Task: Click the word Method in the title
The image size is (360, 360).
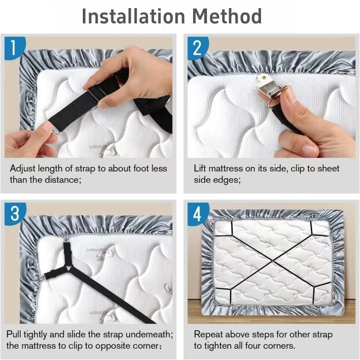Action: click(227, 16)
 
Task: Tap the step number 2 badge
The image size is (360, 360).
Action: click(197, 47)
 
